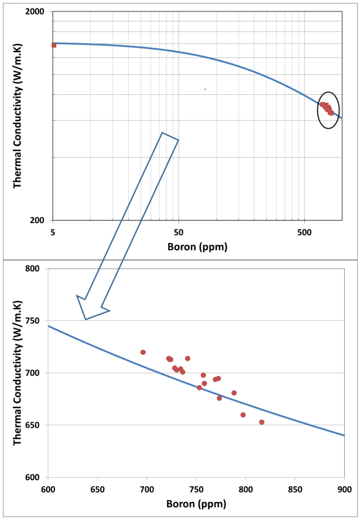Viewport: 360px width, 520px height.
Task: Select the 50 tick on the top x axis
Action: [x=179, y=231]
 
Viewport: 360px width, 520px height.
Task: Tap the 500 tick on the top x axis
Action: [x=304, y=231]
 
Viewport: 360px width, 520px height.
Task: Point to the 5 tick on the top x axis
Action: [x=53, y=231]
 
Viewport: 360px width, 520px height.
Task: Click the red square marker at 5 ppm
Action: [x=54, y=45]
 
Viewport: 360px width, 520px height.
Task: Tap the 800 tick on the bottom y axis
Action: [x=34, y=269]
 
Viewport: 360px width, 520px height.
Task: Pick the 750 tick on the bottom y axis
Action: [x=34, y=321]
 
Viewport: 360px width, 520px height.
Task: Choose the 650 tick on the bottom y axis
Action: [x=34, y=425]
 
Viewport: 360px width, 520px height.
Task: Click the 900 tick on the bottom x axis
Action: [x=344, y=489]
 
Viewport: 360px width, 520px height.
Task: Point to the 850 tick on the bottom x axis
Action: [x=294, y=489]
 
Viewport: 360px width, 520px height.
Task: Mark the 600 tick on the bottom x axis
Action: [x=48, y=489]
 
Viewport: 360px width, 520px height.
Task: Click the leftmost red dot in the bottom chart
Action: [x=143, y=352]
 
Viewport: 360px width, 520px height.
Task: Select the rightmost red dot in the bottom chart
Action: [x=262, y=422]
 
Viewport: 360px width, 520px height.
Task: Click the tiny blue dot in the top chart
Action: [x=205, y=89]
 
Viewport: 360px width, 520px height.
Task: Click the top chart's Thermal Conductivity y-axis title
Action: [x=18, y=117]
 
